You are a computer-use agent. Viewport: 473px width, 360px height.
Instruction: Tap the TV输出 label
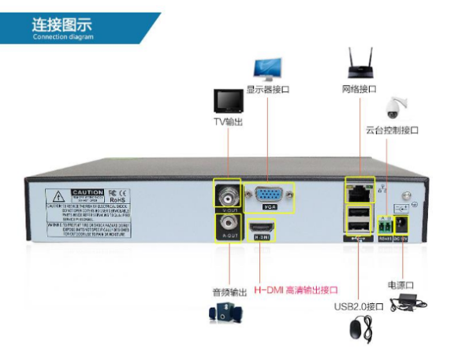[229, 121]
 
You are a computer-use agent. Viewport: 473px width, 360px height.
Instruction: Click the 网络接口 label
[359, 89]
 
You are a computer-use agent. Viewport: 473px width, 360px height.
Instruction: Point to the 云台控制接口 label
[392, 129]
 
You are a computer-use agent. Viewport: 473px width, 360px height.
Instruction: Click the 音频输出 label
[226, 290]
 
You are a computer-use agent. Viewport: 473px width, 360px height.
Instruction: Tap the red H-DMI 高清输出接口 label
[296, 290]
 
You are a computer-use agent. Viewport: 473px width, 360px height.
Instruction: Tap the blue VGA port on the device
[269, 195]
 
